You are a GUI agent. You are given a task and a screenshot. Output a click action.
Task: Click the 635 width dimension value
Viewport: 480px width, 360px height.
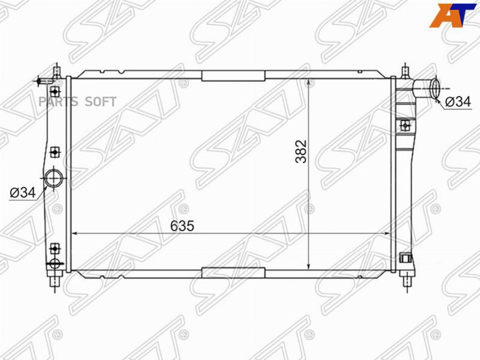[x=182, y=226]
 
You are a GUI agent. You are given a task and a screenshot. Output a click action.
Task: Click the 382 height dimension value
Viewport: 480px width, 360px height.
[x=301, y=151]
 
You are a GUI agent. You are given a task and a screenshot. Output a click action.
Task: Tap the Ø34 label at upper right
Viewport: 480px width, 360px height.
[x=458, y=101]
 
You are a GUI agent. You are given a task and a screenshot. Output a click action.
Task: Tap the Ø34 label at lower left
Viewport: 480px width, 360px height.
[x=22, y=193]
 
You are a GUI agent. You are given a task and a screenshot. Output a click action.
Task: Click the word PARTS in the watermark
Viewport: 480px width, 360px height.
[x=58, y=102]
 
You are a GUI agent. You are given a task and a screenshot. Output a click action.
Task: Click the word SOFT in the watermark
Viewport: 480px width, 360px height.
[x=101, y=102]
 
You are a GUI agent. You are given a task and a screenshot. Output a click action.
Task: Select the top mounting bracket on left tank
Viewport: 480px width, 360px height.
[x=54, y=91]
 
